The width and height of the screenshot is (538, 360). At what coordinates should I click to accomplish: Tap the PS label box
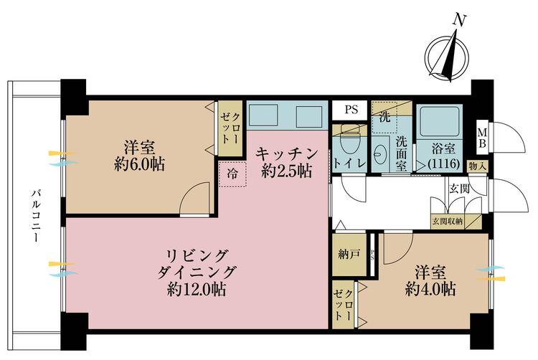pyautogui.click(x=351, y=110)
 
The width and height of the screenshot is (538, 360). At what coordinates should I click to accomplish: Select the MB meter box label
pyautogui.click(x=483, y=136)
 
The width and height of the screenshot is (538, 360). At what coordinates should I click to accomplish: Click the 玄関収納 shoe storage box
pyautogui.click(x=447, y=220)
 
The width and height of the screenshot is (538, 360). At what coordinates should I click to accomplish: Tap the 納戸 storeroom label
pyautogui.click(x=349, y=253)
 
